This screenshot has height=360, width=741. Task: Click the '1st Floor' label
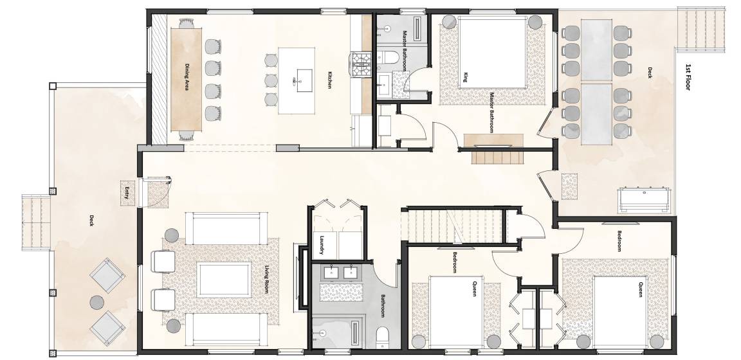tap(688, 76)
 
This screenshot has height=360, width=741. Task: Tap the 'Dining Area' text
tap(187, 77)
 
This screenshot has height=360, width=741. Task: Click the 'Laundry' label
tap(322, 245)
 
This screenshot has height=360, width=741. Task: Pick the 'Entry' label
tap(127, 193)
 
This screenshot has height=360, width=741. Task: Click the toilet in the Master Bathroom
tap(387, 58)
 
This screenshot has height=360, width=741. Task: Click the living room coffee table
tap(224, 280)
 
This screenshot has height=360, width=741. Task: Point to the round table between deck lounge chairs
tap(97, 302)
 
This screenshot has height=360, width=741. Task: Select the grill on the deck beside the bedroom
tap(644, 200)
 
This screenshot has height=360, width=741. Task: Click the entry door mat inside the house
tap(158, 194)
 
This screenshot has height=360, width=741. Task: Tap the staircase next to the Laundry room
tap(451, 226)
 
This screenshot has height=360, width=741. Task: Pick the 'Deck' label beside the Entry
tap(92, 221)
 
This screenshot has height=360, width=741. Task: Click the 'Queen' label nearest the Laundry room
tap(475, 289)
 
